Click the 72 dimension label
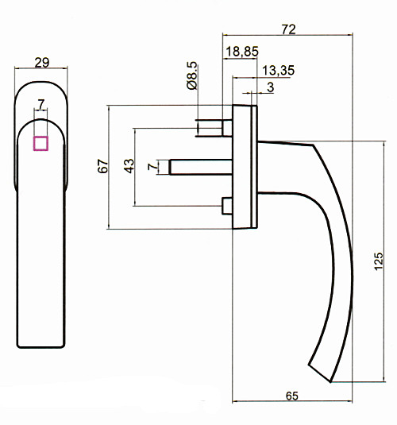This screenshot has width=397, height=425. tap(288, 29)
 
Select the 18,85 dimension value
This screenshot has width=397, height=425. tap(242, 52)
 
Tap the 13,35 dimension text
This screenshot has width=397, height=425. tap(278, 71)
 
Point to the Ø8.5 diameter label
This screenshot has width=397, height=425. tap(192, 75)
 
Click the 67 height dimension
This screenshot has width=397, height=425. tap(102, 166)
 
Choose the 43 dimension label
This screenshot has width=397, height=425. tap(129, 166)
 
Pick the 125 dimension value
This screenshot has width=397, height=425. tap(379, 261)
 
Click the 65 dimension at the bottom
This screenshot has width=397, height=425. tap(292, 396)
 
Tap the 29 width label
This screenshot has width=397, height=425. tap(42, 63)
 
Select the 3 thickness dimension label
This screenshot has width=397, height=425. tap(270, 87)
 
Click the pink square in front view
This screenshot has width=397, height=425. tap(40, 143)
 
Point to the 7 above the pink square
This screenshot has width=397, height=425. tap(41, 104)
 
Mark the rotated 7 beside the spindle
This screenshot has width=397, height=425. tap(152, 166)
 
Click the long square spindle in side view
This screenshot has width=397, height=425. tap(201, 167)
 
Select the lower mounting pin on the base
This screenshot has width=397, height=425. tap(227, 206)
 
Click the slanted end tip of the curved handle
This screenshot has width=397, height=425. tap(320, 373)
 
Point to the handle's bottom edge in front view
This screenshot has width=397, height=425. tap(41, 347)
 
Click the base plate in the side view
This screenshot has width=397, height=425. tap(245, 167)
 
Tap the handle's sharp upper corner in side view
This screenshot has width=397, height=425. tap(314, 145)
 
